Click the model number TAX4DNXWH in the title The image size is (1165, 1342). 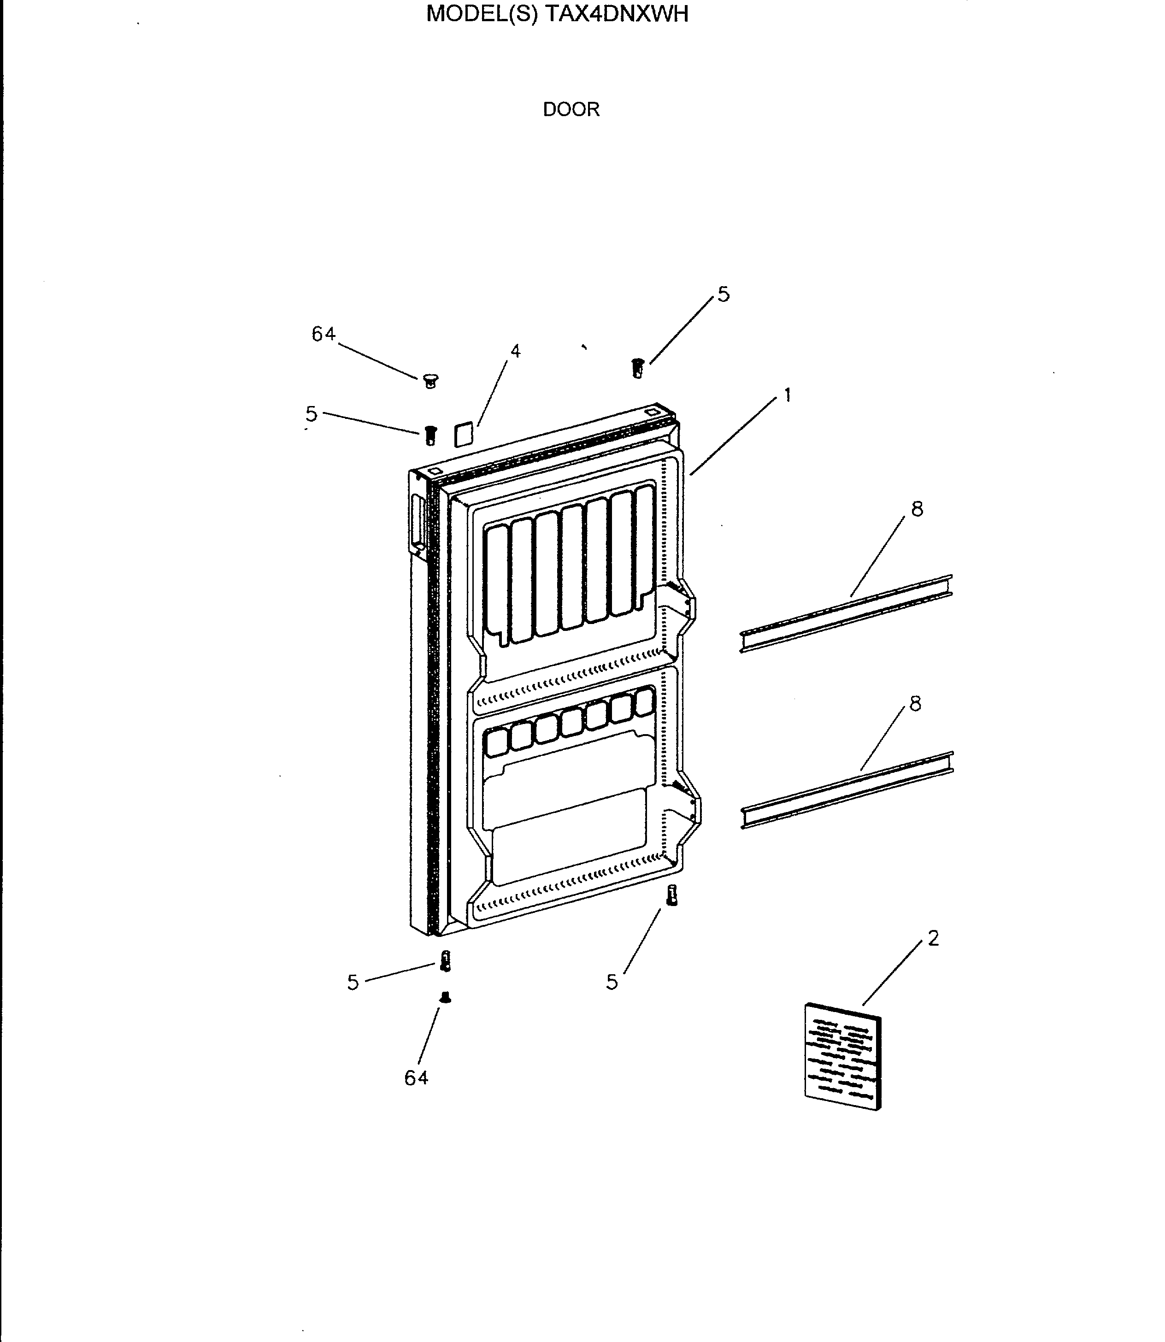(615, 14)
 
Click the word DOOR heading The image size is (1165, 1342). (571, 109)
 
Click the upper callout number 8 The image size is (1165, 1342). (917, 509)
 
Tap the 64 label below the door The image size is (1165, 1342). (416, 1078)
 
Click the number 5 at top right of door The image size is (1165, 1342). (724, 294)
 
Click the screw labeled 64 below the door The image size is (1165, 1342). (445, 997)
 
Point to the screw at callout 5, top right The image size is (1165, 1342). (638, 368)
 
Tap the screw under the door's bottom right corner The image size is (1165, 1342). (671, 896)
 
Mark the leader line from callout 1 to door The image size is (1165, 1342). (733, 436)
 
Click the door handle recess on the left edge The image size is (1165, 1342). (417, 521)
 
